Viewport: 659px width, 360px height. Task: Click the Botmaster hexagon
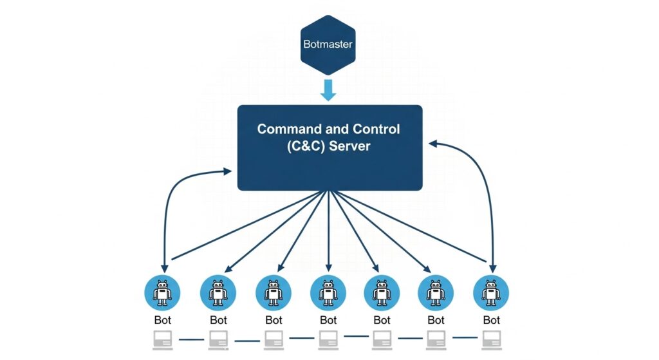[328, 44]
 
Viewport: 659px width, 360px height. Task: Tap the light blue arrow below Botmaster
[328, 90]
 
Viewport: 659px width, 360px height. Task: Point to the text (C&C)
[305, 146]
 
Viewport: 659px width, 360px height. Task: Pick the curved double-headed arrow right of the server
[479, 193]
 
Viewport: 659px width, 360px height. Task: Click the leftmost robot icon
[162, 292]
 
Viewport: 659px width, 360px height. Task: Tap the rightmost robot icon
[492, 292]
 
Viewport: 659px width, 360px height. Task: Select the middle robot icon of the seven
[328, 292]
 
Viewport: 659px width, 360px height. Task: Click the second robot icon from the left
[218, 292]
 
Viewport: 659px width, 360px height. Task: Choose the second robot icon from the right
[436, 292]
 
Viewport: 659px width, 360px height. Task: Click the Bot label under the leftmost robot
[163, 320]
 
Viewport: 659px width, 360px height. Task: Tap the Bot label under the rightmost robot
[492, 320]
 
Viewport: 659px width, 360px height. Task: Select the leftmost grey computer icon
[163, 339]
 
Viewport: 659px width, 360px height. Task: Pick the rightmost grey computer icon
[492, 339]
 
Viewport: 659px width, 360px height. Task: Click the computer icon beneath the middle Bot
[328, 339]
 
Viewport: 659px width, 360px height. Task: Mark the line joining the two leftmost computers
[190, 339]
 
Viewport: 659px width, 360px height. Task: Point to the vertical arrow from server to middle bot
[328, 232]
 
